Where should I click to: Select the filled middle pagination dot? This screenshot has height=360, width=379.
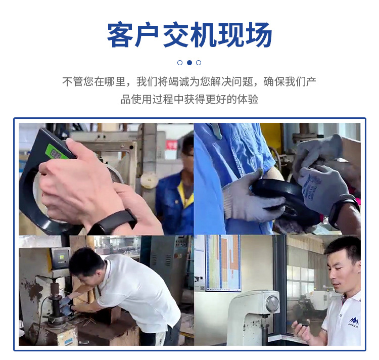[189, 63]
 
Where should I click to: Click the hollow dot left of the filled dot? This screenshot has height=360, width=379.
[180, 63]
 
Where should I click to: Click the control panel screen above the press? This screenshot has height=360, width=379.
[60, 257]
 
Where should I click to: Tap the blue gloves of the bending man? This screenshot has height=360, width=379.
[66, 303]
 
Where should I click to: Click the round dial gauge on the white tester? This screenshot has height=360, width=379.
[272, 303]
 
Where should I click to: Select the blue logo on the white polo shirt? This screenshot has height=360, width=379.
[353, 321]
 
